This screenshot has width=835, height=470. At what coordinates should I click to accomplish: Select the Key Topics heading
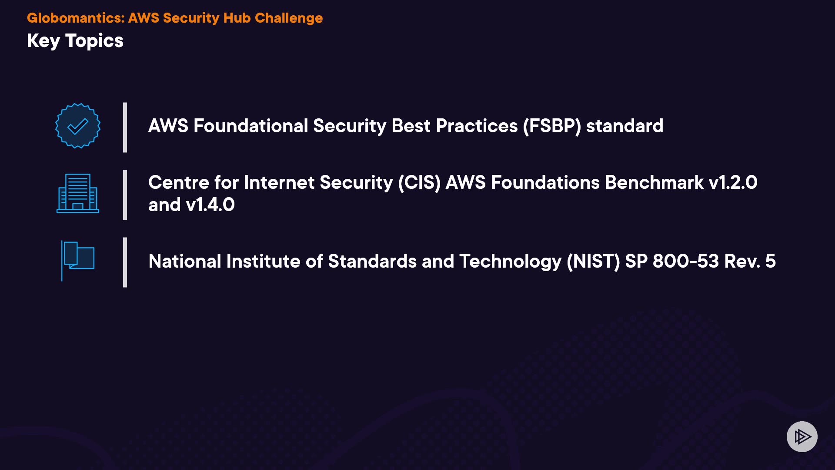[x=75, y=41]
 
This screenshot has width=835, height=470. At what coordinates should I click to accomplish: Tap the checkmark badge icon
[x=78, y=126]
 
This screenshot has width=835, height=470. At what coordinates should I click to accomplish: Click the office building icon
[x=78, y=193]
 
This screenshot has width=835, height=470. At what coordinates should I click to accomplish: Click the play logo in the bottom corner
[x=802, y=436]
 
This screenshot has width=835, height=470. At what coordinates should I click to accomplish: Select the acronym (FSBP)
[x=552, y=126]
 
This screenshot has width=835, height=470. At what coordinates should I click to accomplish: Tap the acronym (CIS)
[x=419, y=183]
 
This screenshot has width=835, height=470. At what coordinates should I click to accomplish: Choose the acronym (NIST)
[x=593, y=262]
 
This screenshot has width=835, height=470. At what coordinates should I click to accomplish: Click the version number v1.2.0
[x=733, y=182]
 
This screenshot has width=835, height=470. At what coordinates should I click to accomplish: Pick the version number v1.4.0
[x=210, y=205]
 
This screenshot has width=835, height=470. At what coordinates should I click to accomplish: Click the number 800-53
[x=686, y=261]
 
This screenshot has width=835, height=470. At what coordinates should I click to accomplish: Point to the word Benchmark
[x=654, y=182]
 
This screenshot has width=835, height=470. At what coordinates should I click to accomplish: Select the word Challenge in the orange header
[x=289, y=18]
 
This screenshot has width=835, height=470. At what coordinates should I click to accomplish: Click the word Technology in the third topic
[x=511, y=262]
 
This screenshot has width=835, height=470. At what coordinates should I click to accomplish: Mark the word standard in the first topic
[x=625, y=126]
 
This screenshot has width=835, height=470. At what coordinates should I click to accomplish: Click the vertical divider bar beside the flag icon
[x=125, y=262]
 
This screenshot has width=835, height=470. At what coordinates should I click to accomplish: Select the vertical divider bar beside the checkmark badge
[x=125, y=128]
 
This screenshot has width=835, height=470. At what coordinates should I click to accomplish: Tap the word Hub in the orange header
[x=237, y=18]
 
